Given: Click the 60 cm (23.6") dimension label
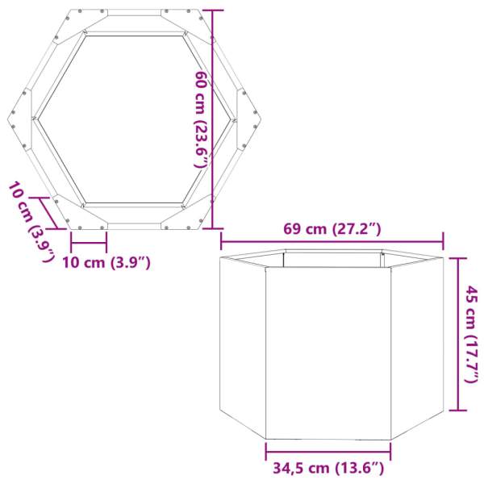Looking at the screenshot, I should coord(201,119).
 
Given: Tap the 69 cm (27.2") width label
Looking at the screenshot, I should coord(332,229).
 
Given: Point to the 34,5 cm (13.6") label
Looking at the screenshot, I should coord(327,467).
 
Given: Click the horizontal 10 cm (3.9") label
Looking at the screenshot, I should coord(106,262).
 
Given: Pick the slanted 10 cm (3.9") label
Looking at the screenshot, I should coord(31,222).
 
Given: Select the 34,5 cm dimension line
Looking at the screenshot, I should coord(328,451).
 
